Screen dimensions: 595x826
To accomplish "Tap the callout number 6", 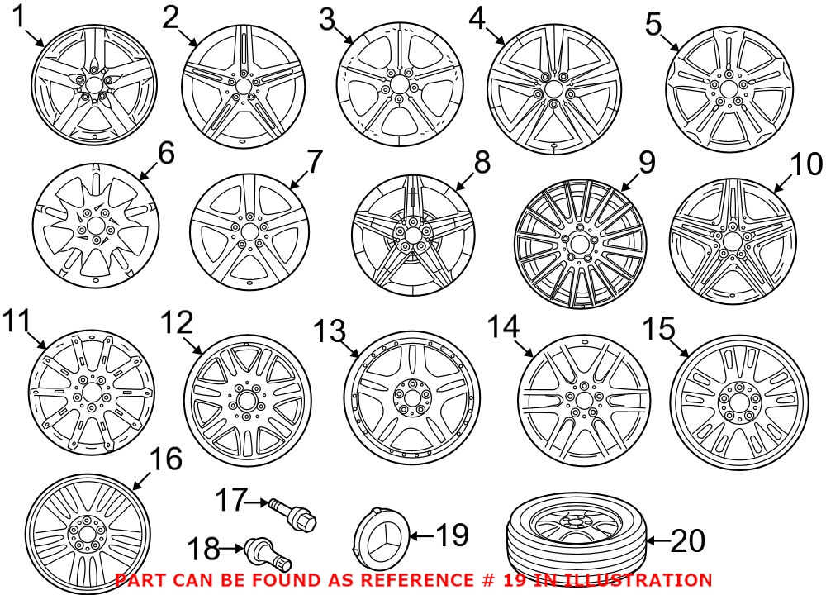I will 166,154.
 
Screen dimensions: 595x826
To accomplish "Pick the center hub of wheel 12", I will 244,400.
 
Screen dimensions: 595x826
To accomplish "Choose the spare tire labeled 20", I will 574,541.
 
